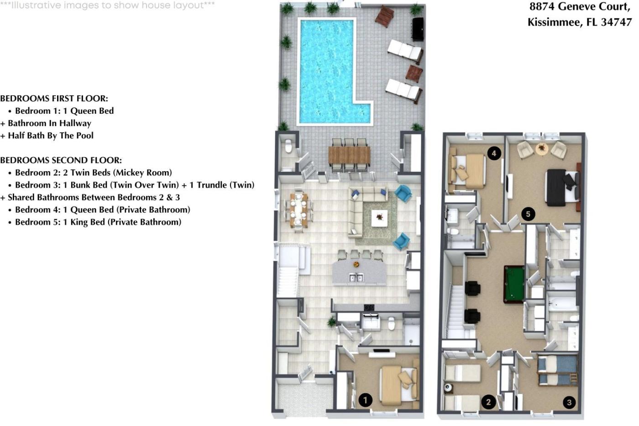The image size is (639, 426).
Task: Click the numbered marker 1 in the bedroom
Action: (x=366, y=400)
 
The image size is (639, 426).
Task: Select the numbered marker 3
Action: (x=570, y=402)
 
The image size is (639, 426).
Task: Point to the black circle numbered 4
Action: (x=494, y=153)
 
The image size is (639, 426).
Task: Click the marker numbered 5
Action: (x=528, y=214)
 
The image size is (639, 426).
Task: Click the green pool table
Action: (x=514, y=284)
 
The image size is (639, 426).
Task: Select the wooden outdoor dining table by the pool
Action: (x=349, y=155)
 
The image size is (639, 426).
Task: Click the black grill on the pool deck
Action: (x=418, y=29)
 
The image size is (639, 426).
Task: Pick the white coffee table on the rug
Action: (x=379, y=218)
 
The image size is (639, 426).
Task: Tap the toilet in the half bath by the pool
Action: (x=288, y=146)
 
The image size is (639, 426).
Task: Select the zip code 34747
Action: (x=617, y=22)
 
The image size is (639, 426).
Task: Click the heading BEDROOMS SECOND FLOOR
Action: (x=61, y=160)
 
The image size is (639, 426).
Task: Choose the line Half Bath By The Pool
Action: (x=47, y=136)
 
